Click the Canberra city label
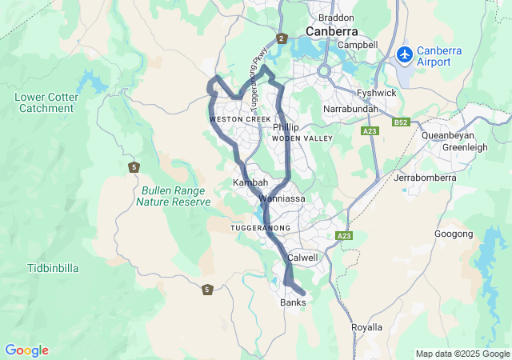(x=331, y=31)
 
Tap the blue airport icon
(x=406, y=55)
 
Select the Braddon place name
(x=335, y=17)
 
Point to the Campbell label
(x=358, y=45)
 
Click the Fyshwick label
(x=376, y=93)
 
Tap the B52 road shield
(x=401, y=122)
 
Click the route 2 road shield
(x=281, y=38)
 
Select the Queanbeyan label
(x=453, y=134)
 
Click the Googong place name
(x=454, y=234)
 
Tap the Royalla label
(x=367, y=327)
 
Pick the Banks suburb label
(x=293, y=303)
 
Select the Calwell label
(x=302, y=258)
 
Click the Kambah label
(x=250, y=183)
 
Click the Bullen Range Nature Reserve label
(x=173, y=197)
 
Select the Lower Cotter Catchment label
(x=46, y=102)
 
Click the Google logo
(x=26, y=350)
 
